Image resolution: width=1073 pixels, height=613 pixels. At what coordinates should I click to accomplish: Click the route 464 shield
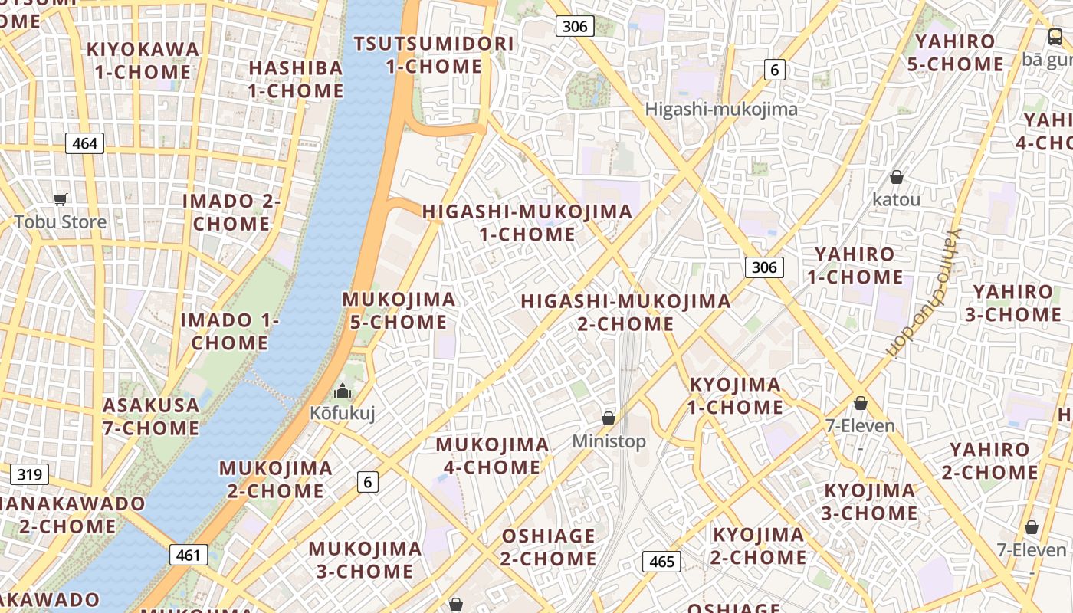(x=84, y=143)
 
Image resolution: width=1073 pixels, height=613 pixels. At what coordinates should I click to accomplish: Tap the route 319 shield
(x=29, y=474)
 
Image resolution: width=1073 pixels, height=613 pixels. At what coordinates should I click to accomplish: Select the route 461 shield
(x=188, y=555)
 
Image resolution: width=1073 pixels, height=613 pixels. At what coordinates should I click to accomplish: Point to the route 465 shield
(x=661, y=562)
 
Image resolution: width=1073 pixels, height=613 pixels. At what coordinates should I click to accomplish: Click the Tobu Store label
(x=60, y=222)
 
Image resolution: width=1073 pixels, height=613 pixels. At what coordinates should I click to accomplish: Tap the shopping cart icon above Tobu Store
(x=61, y=200)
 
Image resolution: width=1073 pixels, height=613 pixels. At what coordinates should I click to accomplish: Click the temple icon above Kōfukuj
(x=342, y=391)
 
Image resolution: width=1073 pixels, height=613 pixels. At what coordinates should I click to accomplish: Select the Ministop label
(x=609, y=441)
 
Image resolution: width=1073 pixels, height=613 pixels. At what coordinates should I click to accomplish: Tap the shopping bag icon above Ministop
(x=609, y=418)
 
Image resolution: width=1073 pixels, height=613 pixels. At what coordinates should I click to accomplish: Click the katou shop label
(x=897, y=199)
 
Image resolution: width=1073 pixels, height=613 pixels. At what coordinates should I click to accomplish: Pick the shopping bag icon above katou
(x=897, y=178)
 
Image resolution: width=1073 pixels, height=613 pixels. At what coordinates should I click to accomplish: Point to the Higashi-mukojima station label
(x=721, y=109)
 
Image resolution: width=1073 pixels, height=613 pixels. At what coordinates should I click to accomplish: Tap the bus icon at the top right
(x=1055, y=36)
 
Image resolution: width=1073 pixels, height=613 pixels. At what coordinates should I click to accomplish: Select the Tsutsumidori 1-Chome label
(x=434, y=54)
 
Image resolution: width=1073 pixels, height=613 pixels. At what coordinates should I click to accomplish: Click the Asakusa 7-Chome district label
(x=151, y=416)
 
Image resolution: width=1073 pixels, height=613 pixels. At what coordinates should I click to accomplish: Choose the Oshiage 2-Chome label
(x=548, y=547)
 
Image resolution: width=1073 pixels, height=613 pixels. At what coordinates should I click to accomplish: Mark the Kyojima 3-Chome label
(x=870, y=502)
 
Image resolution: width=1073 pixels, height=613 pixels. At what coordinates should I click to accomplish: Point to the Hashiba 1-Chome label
(x=296, y=79)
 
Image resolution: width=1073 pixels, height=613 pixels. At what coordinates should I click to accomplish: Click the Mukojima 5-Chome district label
(x=399, y=310)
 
